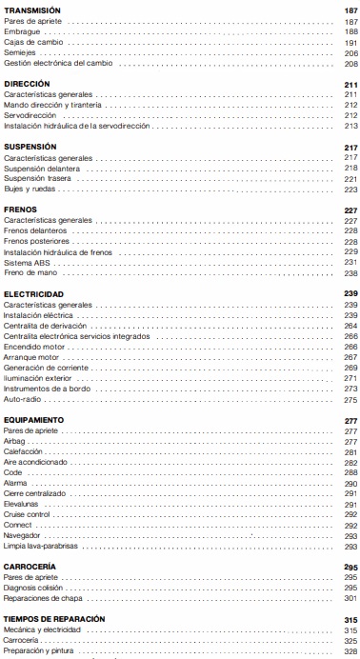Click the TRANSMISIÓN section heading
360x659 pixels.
pyautogui.click(x=30, y=9)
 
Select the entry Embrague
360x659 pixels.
pyautogui.click(x=23, y=31)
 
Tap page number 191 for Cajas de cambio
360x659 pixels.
pyautogui.click(x=349, y=43)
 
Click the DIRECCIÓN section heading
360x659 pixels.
pyautogui.click(x=28, y=85)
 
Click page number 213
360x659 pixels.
pyautogui.click(x=349, y=126)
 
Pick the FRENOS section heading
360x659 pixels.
pyautogui.click(x=20, y=210)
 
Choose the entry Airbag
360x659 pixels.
pyautogui.click(x=16, y=441)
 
